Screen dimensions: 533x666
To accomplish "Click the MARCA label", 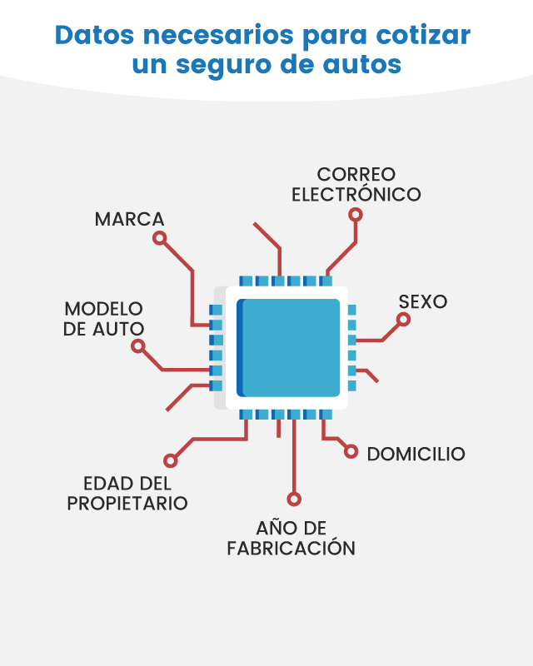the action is pos(129,219).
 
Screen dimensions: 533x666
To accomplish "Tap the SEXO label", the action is pos(423,301).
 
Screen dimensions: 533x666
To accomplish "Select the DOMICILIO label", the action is pos(416,454).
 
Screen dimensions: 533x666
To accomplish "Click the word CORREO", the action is pos(356,174).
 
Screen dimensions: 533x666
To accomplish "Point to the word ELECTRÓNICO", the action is pos(356,194).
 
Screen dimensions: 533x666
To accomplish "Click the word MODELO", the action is pos(104,309).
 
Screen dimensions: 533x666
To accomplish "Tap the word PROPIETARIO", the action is pos(127,504).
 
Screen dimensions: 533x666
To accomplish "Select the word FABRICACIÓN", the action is pos(291,548).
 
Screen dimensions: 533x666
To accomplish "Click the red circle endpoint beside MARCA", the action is pos(159,238).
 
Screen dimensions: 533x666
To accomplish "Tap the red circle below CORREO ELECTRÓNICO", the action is pos(356,215).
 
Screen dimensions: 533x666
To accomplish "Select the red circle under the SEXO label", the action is pos(403,320).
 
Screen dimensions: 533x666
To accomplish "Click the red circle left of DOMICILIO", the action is pos(351,451).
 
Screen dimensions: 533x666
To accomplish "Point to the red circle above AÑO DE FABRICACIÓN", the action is pos(294,499).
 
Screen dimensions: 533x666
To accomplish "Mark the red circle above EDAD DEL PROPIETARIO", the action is pos(170,460).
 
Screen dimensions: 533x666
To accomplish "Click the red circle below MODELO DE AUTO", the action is pos(137,346).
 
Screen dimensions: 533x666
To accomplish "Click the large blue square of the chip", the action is pos(288,348).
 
